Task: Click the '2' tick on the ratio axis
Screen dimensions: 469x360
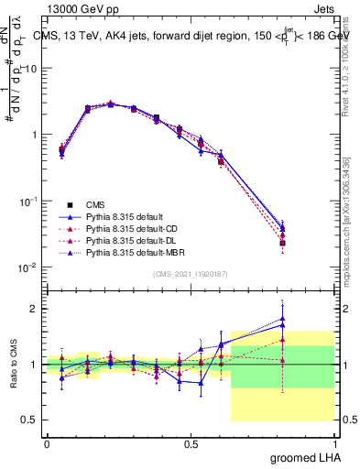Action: tap(32, 309)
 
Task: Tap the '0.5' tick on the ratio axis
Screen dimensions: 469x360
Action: tap(28, 420)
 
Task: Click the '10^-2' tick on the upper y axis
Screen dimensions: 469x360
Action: tap(27, 267)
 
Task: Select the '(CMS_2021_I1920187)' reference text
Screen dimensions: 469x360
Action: tap(191, 274)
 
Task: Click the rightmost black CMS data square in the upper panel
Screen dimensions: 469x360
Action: tap(309, 243)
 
